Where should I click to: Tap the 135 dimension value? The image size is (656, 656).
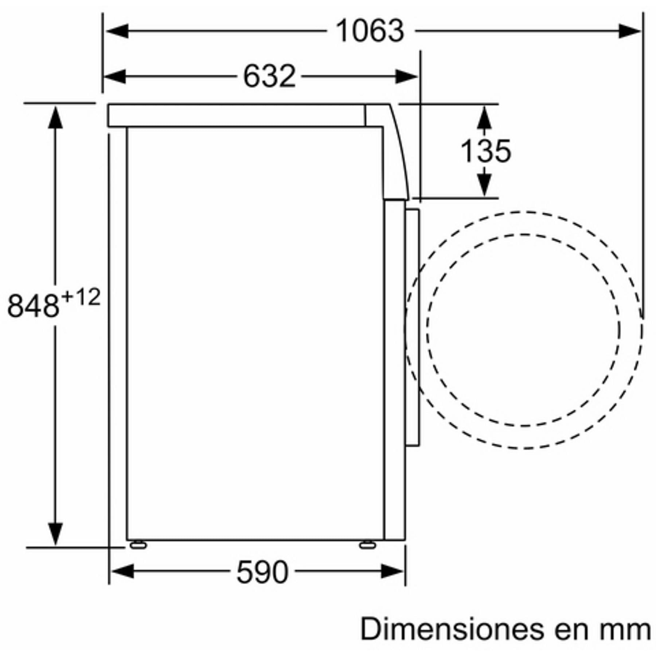[x=486, y=151]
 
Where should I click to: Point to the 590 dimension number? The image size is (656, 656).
[x=262, y=572]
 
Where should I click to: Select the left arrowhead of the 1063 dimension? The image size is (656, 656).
[x=117, y=31]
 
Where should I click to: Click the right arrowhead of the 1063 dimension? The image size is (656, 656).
[x=629, y=31]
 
